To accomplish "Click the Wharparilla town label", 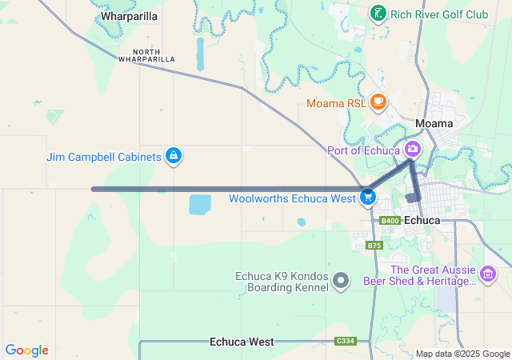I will (x=129, y=16).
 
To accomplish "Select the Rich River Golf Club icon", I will (x=377, y=14).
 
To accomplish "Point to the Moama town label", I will (x=434, y=123).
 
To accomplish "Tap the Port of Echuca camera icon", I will (x=413, y=149).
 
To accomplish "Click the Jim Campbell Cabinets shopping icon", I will (x=173, y=156).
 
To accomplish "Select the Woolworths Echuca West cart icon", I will (x=368, y=196).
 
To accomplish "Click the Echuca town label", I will (x=423, y=220).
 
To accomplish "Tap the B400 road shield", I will (x=390, y=221).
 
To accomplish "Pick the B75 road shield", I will (x=374, y=246).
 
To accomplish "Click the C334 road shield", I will (x=346, y=342).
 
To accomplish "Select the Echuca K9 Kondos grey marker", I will (x=342, y=280).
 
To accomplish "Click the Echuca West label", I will (x=242, y=342).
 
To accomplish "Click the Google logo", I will (x=27, y=350).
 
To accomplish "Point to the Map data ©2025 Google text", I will (x=462, y=354).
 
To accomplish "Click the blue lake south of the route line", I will (x=200, y=204).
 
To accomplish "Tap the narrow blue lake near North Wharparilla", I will (x=200, y=54).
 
